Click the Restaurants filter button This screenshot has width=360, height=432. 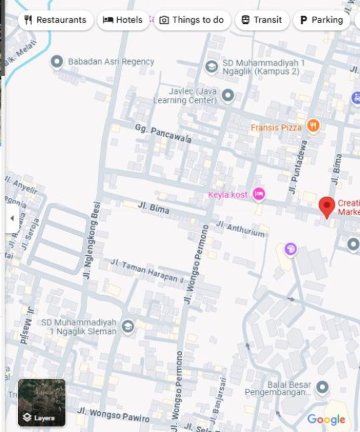55,20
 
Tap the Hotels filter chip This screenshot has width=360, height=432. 123,20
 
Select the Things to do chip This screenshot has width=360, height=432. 192,20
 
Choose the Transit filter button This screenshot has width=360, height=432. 261,20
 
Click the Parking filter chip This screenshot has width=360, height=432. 321,20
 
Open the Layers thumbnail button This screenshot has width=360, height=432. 41,403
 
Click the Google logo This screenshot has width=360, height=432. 326,419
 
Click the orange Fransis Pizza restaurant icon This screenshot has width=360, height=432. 313,127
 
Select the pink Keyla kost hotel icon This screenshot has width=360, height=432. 259,194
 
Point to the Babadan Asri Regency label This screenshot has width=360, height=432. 111,61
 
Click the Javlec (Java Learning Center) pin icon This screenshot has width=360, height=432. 228,96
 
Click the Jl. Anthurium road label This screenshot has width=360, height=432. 241,229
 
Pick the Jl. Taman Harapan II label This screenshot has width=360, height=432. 146,271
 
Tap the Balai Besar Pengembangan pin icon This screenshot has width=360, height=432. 323,387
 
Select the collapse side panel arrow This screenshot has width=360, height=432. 12,219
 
